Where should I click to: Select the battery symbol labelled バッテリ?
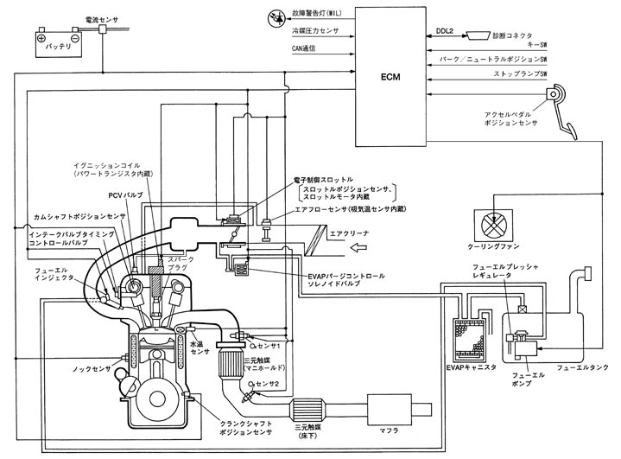pyautogui.click(x=54, y=41)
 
